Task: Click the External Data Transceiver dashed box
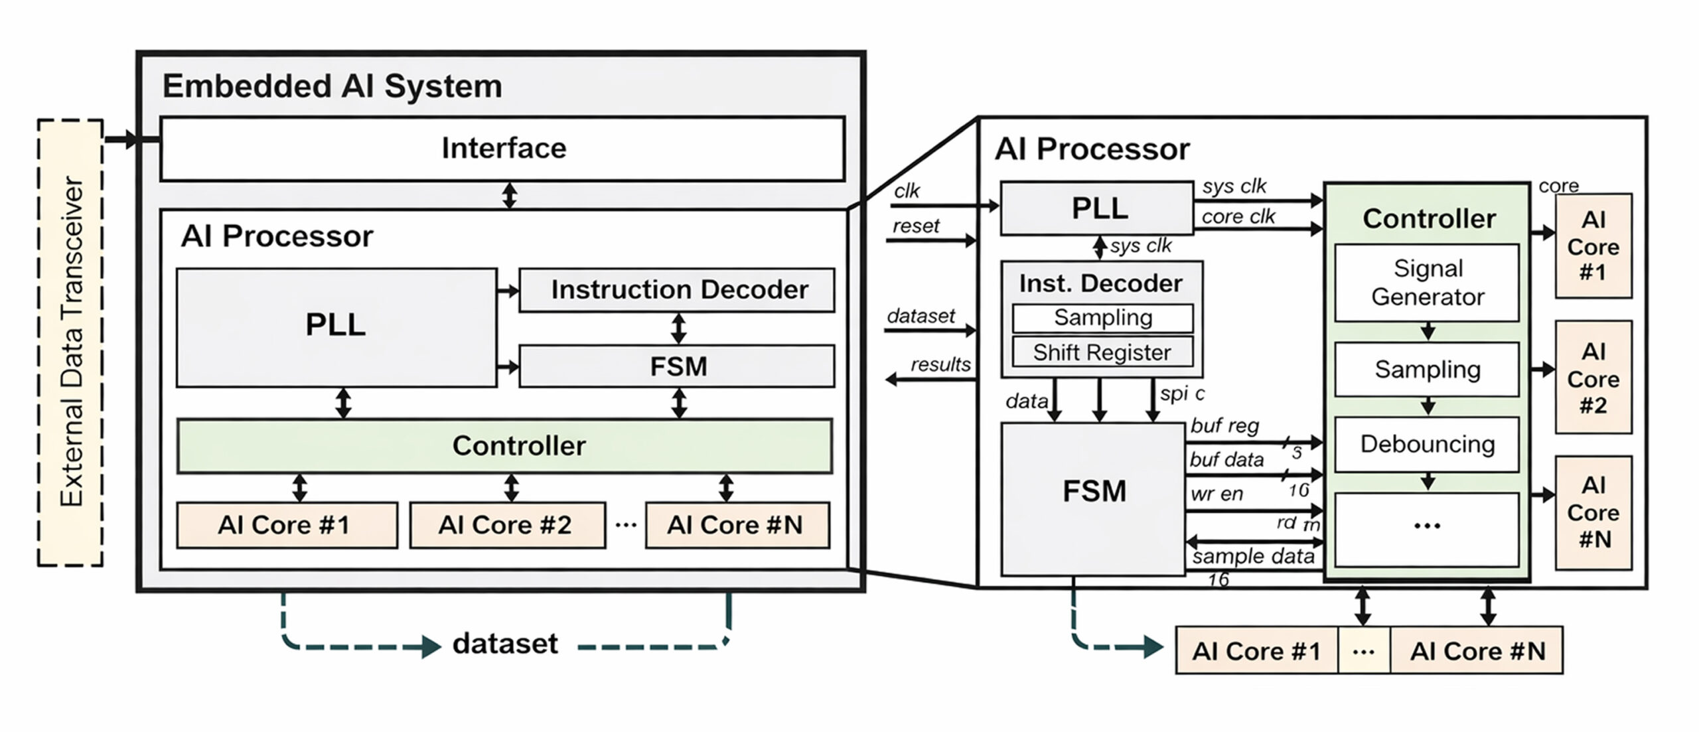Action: (70, 342)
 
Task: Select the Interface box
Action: (502, 149)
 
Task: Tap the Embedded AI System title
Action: (332, 86)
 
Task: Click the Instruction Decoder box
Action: (676, 290)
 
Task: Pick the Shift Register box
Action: (1102, 352)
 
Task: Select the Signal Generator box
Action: (1427, 283)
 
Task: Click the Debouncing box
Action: (1427, 444)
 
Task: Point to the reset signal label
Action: (916, 226)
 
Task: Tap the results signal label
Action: (940, 364)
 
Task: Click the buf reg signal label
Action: (1224, 425)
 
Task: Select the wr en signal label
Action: (1217, 494)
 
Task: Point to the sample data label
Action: (1253, 556)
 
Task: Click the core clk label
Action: (1238, 217)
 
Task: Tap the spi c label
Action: (1182, 394)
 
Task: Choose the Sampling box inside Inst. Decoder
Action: (1102, 318)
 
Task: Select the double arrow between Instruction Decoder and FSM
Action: (678, 328)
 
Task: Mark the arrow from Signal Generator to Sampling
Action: (1428, 332)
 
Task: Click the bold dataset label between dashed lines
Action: (505, 644)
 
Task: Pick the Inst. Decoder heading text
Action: (1100, 283)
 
